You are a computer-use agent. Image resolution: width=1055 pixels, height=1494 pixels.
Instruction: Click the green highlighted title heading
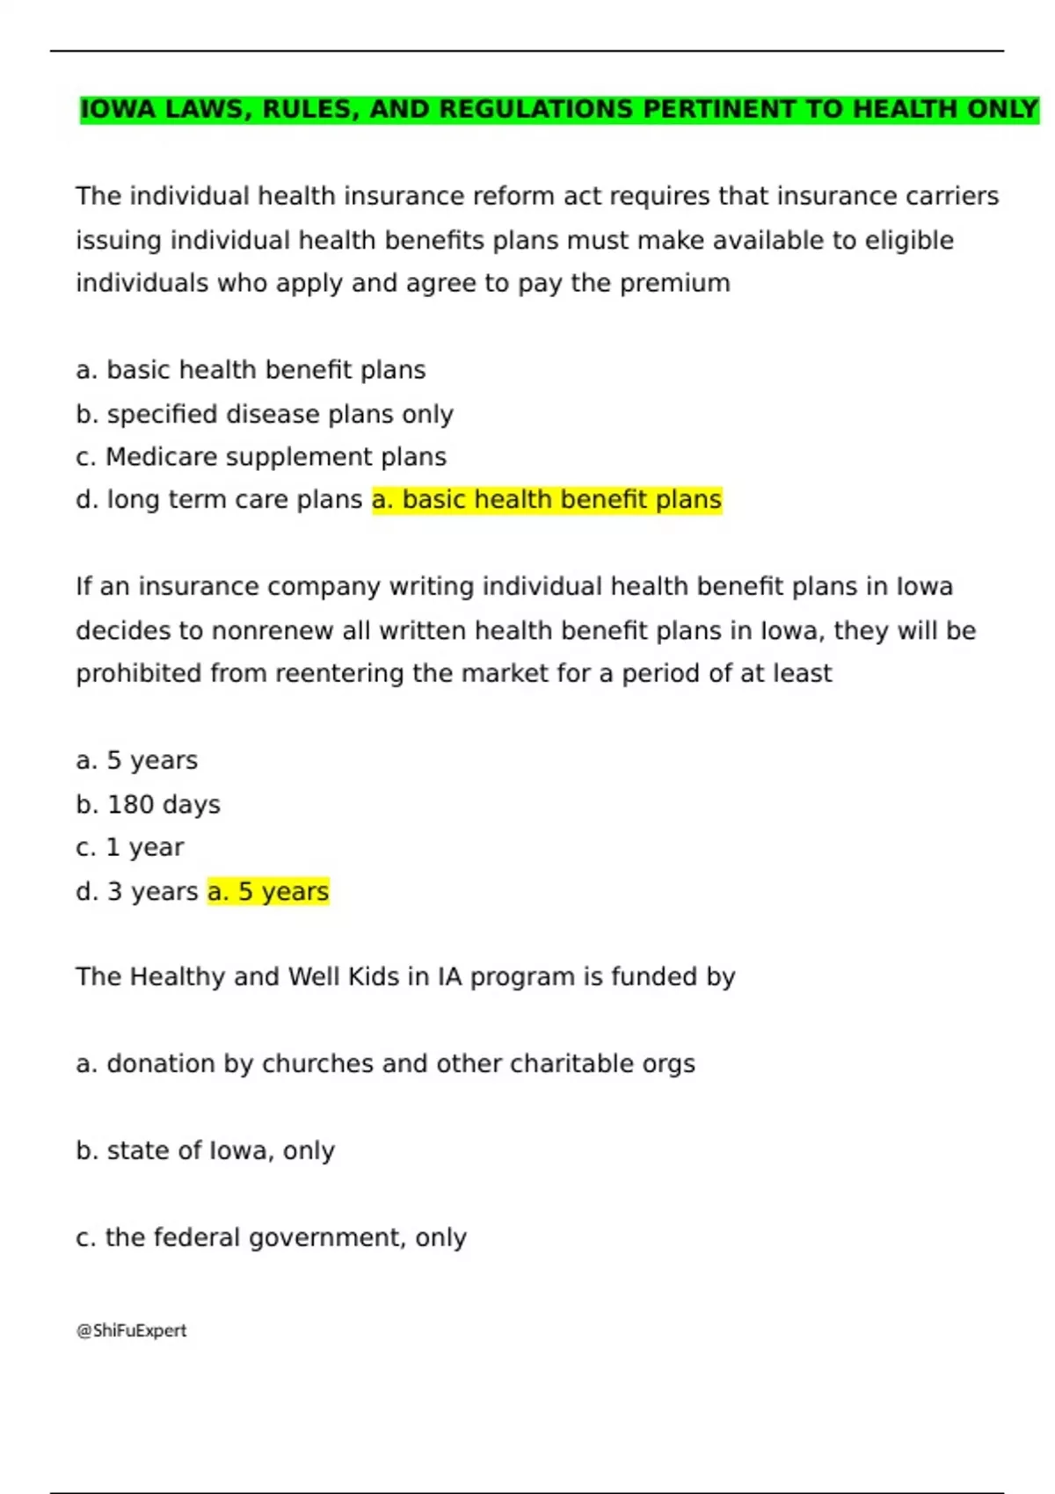[559, 109]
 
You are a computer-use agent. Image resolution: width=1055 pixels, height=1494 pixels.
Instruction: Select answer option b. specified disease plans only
[265, 414]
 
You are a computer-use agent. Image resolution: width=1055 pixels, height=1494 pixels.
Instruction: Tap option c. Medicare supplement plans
[261, 457]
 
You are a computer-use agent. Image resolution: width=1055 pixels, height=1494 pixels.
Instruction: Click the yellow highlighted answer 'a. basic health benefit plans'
[547, 499]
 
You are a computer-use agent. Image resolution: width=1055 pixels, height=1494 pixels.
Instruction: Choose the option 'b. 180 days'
[148, 804]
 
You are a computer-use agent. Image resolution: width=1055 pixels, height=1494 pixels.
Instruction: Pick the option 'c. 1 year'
[130, 847]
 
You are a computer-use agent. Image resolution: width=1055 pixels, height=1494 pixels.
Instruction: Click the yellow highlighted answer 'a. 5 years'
[268, 891]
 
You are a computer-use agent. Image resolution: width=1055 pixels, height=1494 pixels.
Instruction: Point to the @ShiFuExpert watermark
[132, 1331]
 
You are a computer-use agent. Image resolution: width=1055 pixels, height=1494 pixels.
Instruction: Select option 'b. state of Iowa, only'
[205, 1150]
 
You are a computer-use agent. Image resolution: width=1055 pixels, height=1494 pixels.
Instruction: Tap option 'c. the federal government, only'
[271, 1237]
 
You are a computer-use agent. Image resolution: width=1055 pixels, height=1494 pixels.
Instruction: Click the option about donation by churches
[385, 1063]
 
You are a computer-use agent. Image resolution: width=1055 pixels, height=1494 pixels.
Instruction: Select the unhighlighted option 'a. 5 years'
[137, 760]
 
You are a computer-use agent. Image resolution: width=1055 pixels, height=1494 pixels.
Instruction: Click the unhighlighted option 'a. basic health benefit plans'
[251, 370]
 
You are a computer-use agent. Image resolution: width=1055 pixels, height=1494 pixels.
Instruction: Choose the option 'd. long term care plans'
[219, 499]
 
